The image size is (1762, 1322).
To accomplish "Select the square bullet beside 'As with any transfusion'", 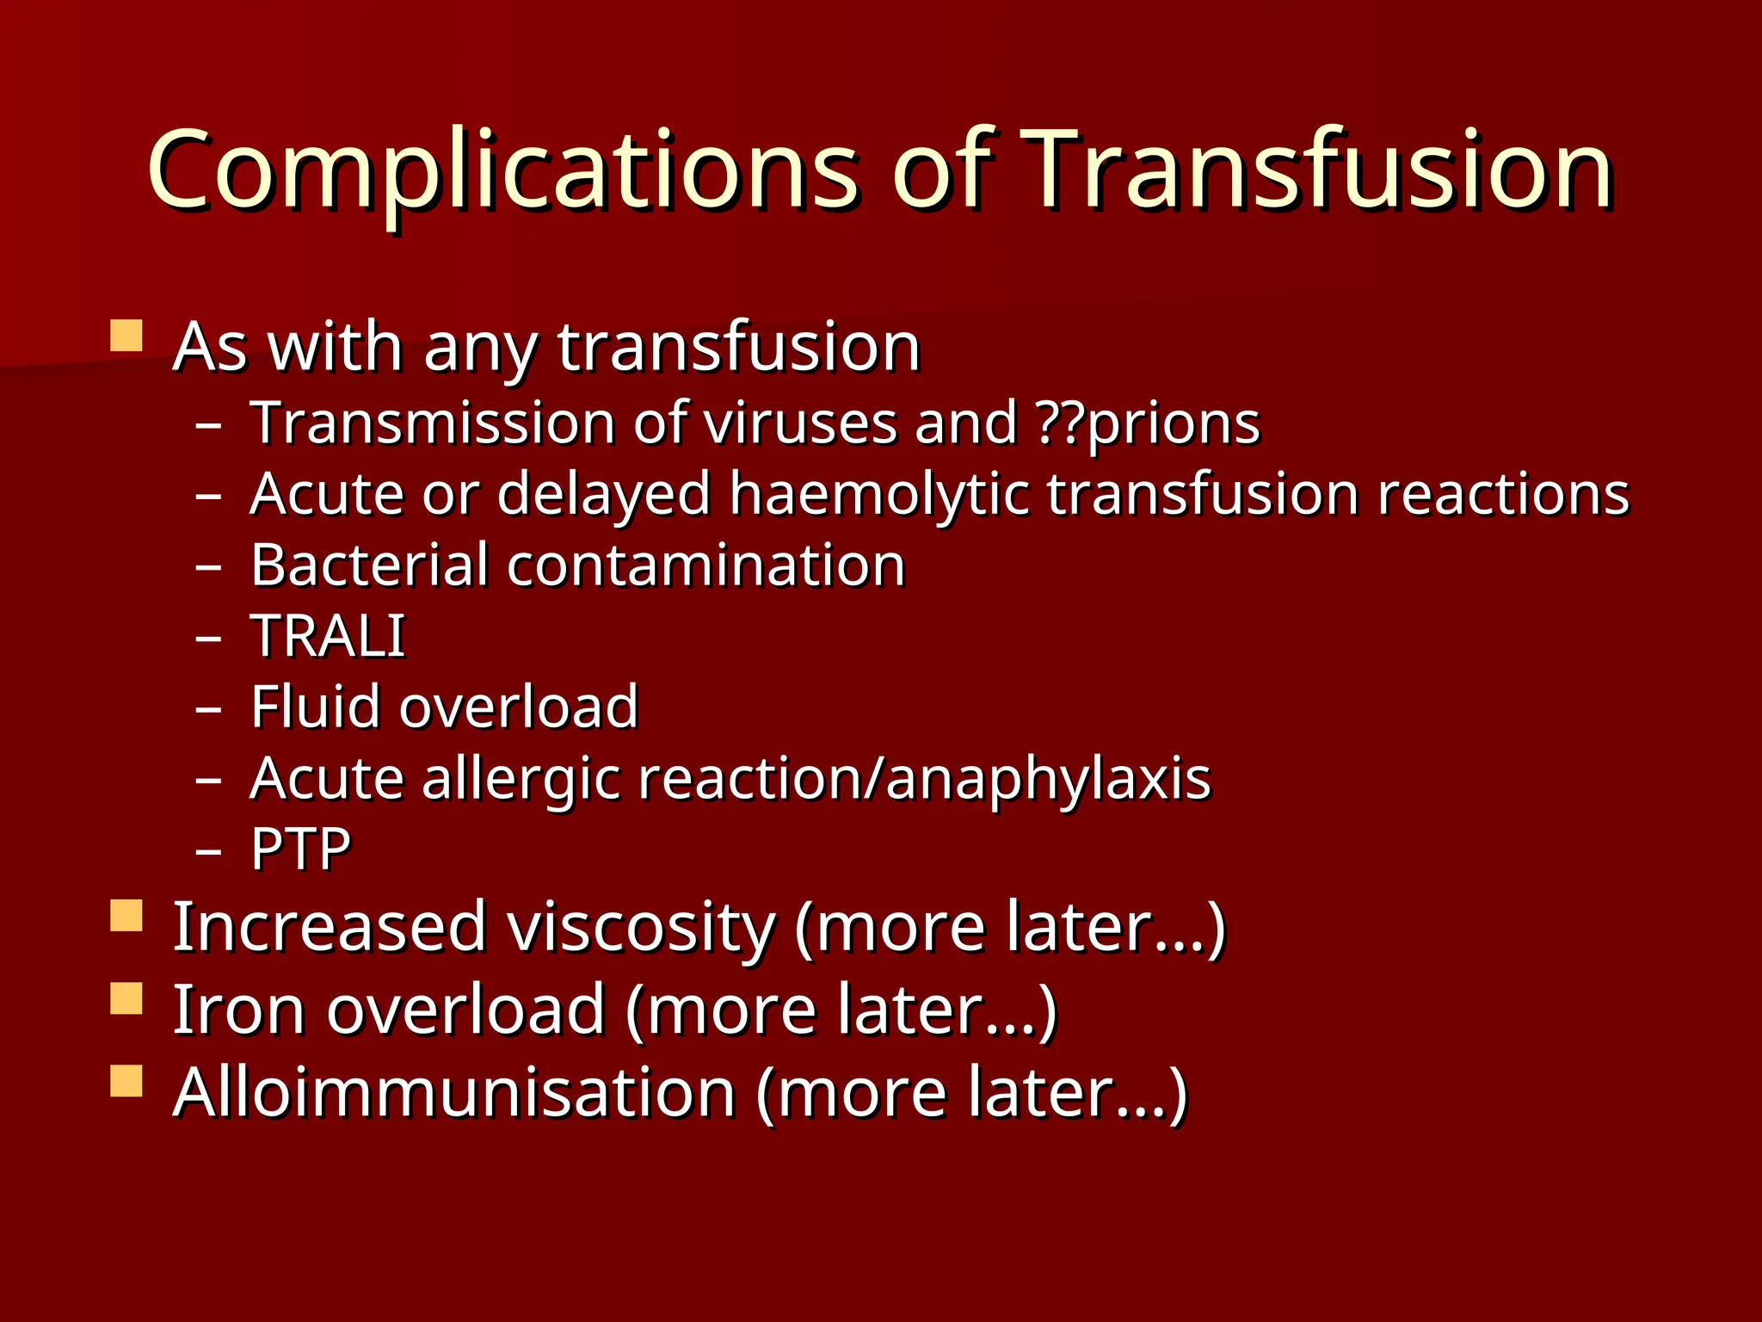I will pyautogui.click(x=126, y=336).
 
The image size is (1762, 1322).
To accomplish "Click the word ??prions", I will pyautogui.click(x=1149, y=423).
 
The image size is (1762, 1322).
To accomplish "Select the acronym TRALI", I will pyautogui.click(x=328, y=636).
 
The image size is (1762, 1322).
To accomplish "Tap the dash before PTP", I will pyautogui.click(x=208, y=851).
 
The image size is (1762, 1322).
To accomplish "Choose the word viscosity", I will pyautogui.click(x=641, y=928).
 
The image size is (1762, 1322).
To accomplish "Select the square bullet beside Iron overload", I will pyautogui.click(x=126, y=999).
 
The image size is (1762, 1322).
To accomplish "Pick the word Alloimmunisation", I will pyautogui.click(x=454, y=1093).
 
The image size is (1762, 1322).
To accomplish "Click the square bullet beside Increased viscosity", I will pyautogui.click(x=126, y=916).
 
